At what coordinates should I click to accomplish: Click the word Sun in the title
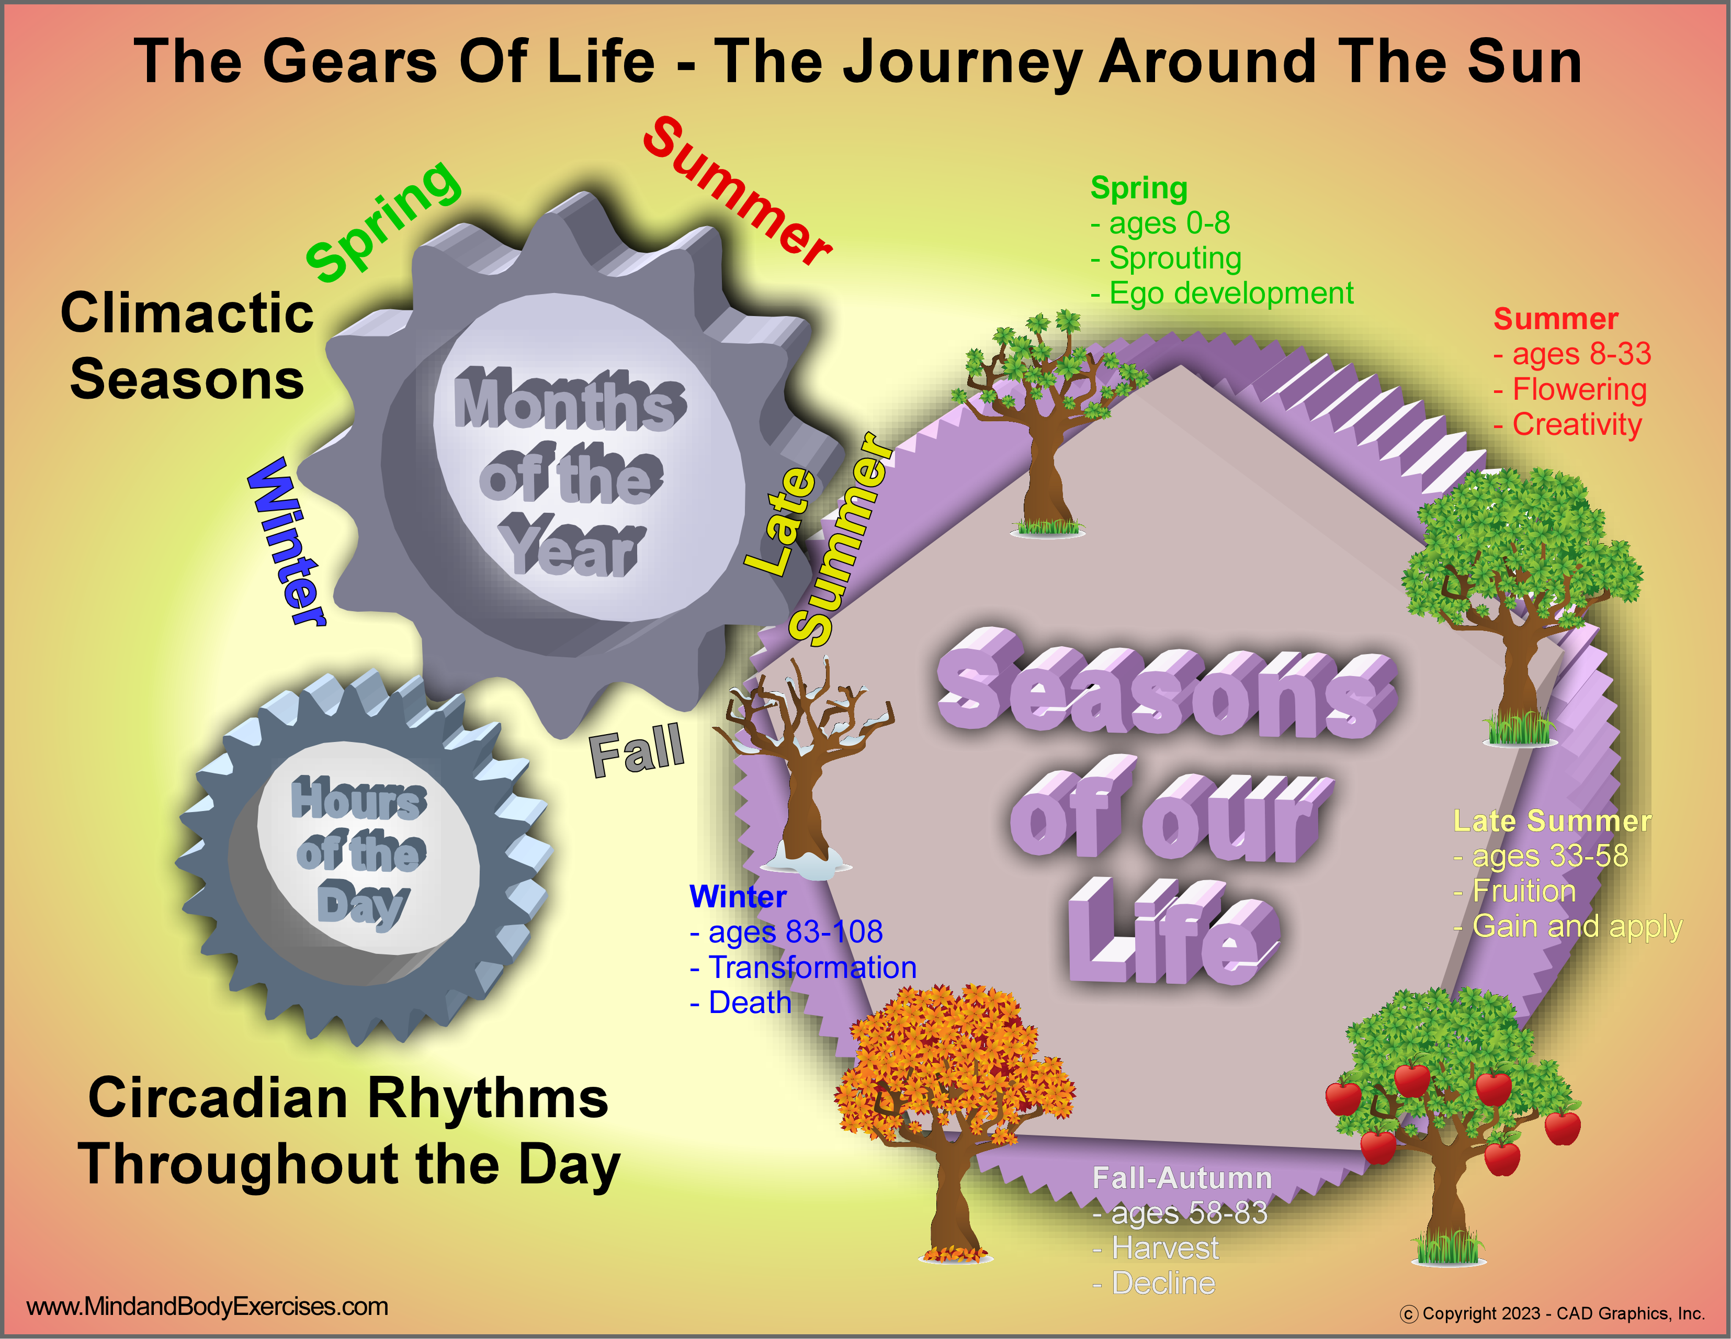tap(1523, 62)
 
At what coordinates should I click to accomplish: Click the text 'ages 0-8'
tap(1169, 223)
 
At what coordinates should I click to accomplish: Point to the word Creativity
tap(1577, 425)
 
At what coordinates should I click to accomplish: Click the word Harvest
tap(1165, 1248)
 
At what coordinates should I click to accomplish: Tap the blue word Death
tap(750, 1003)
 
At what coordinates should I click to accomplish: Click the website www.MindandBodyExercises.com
tap(208, 1307)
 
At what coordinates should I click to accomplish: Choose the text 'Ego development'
tap(1231, 294)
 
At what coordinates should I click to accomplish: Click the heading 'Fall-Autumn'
tap(1182, 1178)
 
